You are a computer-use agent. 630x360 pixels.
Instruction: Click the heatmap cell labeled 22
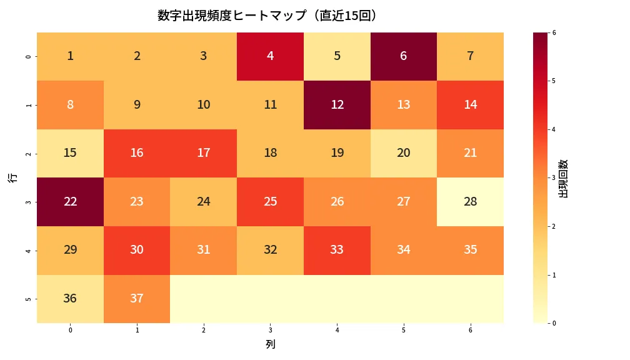click(x=70, y=202)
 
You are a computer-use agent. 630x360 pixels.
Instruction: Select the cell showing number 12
click(x=337, y=104)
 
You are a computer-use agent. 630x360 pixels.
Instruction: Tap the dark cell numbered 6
click(x=404, y=56)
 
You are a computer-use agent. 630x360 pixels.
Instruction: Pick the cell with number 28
click(x=470, y=202)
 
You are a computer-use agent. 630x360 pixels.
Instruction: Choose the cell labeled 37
click(x=137, y=299)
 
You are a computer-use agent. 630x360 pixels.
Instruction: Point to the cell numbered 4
click(x=270, y=56)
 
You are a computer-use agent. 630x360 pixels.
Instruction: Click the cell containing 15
click(x=70, y=153)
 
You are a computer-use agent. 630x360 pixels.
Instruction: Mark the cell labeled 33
click(x=337, y=250)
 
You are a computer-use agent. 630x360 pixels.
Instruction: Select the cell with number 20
click(x=404, y=153)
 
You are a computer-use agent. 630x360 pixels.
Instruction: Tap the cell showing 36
click(x=70, y=299)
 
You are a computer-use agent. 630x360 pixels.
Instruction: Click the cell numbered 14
click(x=470, y=104)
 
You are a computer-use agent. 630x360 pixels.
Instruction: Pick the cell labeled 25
click(x=270, y=202)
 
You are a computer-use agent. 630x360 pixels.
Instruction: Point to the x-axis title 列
click(x=270, y=344)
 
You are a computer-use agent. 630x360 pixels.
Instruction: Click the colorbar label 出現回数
click(x=563, y=178)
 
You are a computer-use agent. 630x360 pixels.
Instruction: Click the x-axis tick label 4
click(x=337, y=329)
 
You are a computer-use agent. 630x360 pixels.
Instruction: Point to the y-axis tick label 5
click(x=27, y=299)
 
